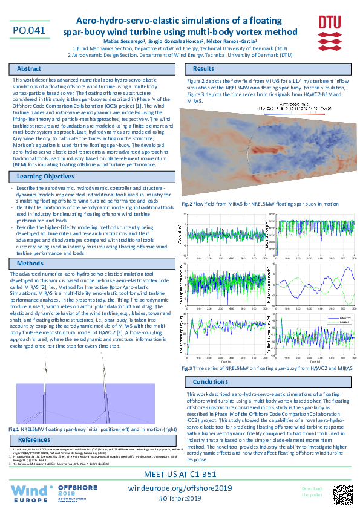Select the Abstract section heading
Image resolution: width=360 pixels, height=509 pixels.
tap(30, 69)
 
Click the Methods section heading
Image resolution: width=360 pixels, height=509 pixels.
tap(30, 264)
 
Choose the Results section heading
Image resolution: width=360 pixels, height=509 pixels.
tap(203, 69)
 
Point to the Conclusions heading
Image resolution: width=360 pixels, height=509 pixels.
tap(211, 382)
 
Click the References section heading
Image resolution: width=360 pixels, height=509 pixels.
tap(34, 439)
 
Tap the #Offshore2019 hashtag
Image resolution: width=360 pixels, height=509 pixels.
tap(180, 498)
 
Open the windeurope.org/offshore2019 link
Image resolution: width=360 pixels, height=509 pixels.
tap(181, 487)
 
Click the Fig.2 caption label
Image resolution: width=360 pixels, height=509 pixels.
tap(187, 204)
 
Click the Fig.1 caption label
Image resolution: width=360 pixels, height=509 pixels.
tap(14, 429)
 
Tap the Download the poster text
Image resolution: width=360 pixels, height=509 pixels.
tap(312, 491)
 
